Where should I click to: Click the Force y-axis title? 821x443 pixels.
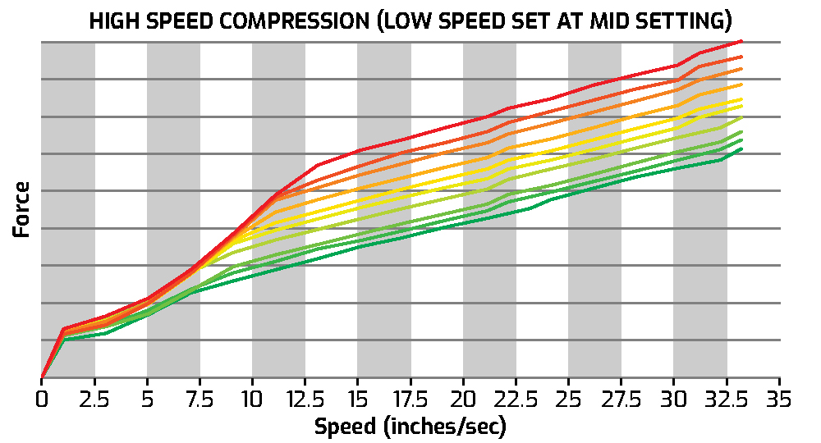pos(22,210)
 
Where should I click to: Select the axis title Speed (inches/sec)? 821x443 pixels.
pos(410,427)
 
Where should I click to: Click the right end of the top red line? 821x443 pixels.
pos(742,40)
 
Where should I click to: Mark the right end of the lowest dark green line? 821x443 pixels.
pos(742,148)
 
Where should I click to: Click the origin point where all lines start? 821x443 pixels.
pos(42,378)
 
